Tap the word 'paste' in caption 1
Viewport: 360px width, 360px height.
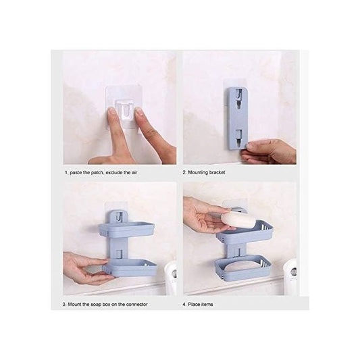pos(76,172)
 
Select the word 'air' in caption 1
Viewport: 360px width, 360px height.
pos(134,172)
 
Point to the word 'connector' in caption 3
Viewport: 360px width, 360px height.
pos(136,305)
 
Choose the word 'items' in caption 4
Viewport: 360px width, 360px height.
pos(207,305)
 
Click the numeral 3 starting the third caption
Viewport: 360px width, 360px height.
pos(64,305)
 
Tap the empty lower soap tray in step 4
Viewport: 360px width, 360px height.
pos(243,268)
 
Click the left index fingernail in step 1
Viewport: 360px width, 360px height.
pos(112,111)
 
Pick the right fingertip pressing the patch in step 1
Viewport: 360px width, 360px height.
pos(138,114)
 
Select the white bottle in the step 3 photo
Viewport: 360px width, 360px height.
pos(171,279)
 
